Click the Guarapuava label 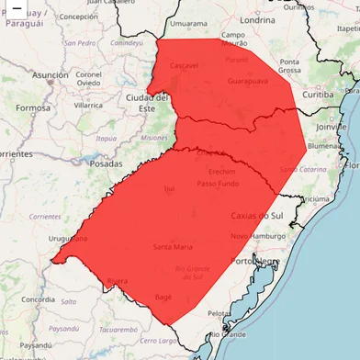[x=248, y=81]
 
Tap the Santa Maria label [x=173, y=246]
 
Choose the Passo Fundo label [x=219, y=184]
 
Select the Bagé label [x=163, y=297]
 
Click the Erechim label [x=222, y=171]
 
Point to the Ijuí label [x=168, y=188]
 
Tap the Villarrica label [x=88, y=105]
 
